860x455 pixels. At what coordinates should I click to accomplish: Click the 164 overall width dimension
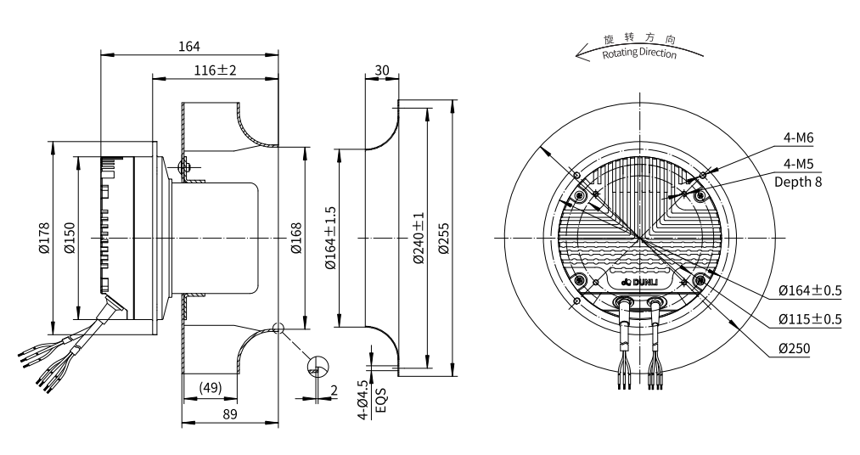[189, 46]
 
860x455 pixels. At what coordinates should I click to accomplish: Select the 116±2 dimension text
[214, 70]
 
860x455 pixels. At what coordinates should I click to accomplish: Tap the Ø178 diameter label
[45, 237]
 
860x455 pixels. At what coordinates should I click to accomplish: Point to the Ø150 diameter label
[69, 237]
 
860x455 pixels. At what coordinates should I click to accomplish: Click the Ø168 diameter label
[296, 238]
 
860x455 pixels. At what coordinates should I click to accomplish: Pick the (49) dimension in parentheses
[209, 388]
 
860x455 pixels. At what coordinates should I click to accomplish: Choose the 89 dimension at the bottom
[229, 413]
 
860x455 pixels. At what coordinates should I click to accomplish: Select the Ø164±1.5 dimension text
[331, 238]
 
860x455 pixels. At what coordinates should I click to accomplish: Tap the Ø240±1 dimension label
[419, 238]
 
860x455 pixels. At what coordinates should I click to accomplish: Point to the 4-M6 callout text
[799, 138]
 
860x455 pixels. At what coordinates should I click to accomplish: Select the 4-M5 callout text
[799, 165]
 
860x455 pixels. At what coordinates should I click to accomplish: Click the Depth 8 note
[799, 181]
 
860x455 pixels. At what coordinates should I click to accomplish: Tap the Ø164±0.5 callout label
[809, 291]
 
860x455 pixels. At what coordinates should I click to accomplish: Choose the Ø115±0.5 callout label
[809, 320]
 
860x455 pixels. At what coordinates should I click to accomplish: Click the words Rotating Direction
[639, 53]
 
